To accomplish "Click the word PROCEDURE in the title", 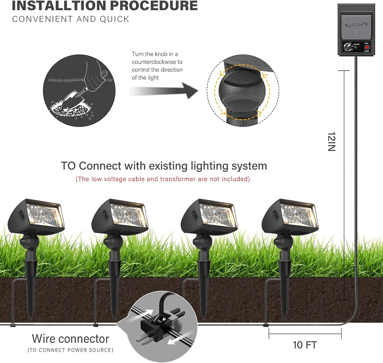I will pos(154,6).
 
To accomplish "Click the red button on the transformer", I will pos(367,47).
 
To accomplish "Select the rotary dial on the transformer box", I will pos(348,47).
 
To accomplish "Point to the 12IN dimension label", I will pos(332,141).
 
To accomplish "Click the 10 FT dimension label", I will pos(305,345).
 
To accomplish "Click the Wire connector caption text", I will pos(71,339).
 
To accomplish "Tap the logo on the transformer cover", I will pos(356,25).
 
